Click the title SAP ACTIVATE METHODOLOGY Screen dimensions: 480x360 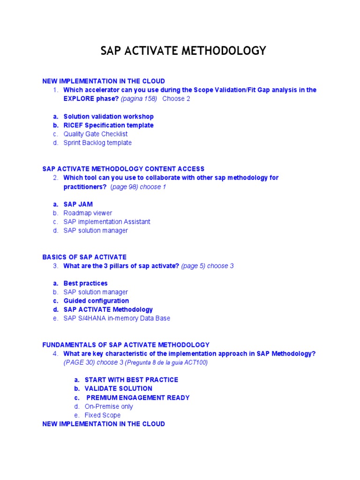pyautogui.click(x=183, y=51)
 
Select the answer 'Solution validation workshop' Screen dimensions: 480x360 pyautogui.click(x=108, y=116)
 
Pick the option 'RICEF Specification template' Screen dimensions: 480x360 pyautogui.click(x=108, y=125)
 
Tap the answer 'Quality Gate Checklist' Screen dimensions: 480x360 pyautogui.click(x=95, y=134)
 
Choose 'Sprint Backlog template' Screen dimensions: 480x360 pyautogui.click(x=97, y=142)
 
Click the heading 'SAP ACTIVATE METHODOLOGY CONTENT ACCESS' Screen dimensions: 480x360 pyautogui.click(x=123, y=169)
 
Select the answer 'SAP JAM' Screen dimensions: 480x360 pyautogui.click(x=78, y=204)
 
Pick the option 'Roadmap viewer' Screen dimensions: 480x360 pyautogui.click(x=88, y=213)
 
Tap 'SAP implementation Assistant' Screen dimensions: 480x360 pyautogui.click(x=107, y=222)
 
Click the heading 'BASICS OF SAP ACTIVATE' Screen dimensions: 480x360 pyautogui.click(x=84, y=257)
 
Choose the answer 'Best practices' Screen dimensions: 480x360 pyautogui.click(x=85, y=283)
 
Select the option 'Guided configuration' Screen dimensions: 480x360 pyautogui.click(x=96, y=301)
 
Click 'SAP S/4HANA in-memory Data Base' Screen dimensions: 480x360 pyautogui.click(x=117, y=318)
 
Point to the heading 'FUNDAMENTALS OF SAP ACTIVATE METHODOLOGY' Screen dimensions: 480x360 pyautogui.click(x=126, y=345)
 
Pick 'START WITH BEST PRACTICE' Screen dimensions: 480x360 pyautogui.click(x=131, y=380)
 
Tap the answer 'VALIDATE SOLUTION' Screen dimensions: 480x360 pyautogui.click(x=118, y=389)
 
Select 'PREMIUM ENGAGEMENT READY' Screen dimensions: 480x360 pyautogui.click(x=138, y=397)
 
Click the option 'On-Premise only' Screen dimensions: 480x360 pyautogui.click(x=108, y=406)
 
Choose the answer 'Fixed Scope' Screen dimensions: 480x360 pyautogui.click(x=102, y=415)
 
